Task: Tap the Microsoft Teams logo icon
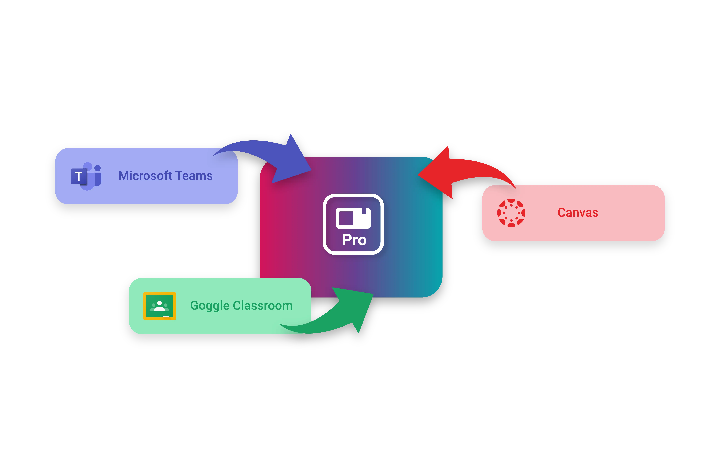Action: coord(86,176)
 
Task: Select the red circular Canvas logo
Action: coord(511,213)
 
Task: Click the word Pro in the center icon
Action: coord(354,240)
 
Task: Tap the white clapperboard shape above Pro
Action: coord(353,218)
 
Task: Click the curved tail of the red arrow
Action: coord(490,169)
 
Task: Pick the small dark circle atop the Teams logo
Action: coord(97,168)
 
